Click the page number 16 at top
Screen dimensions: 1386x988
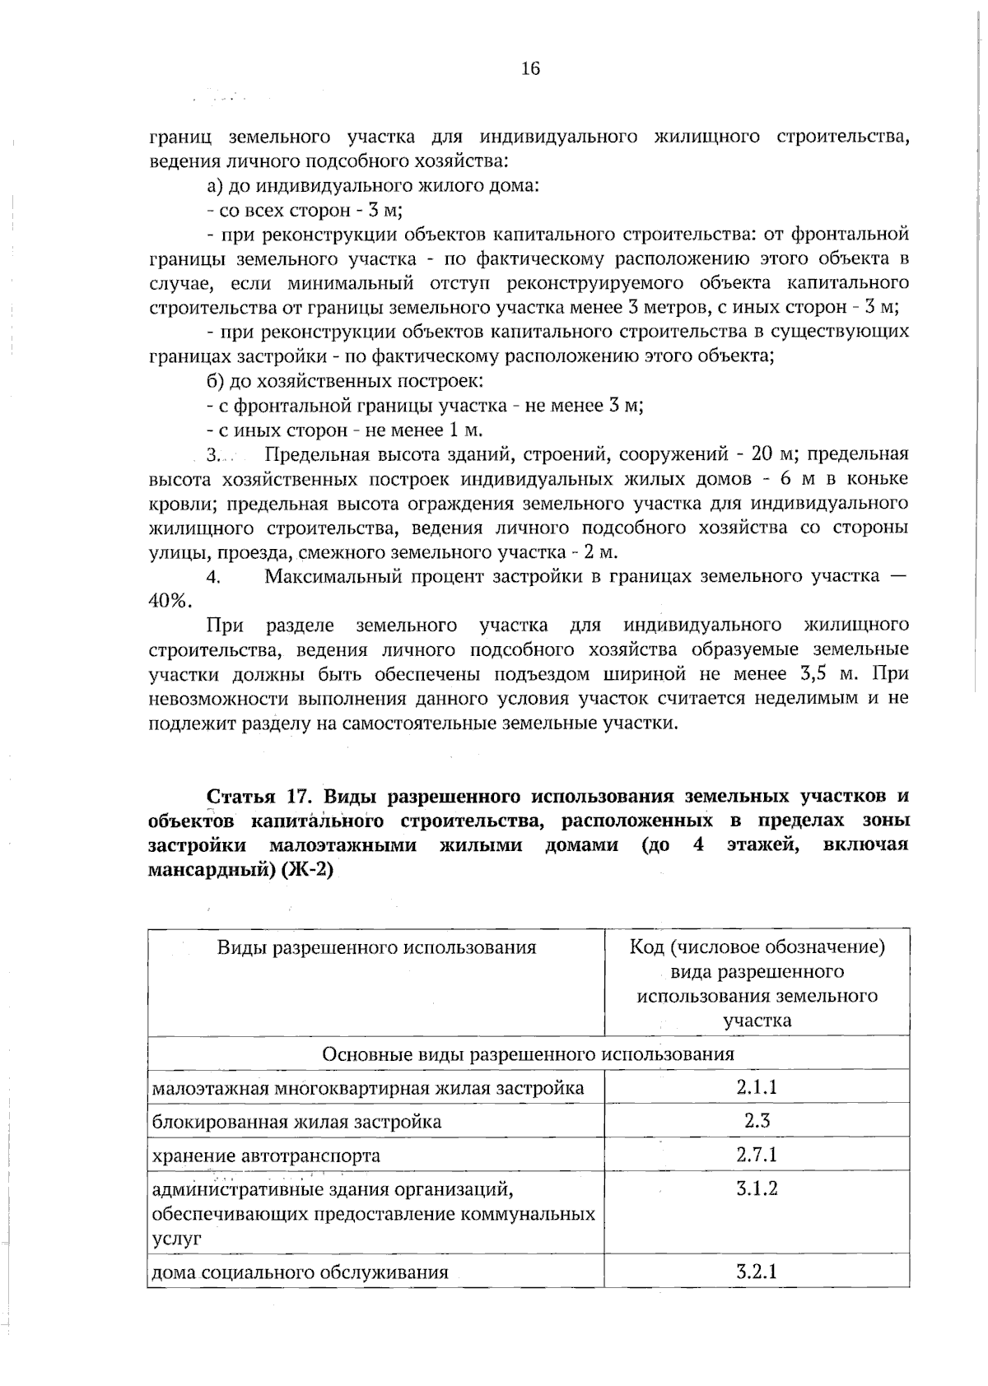[x=530, y=68]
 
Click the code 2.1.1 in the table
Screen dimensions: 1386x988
[x=757, y=1087]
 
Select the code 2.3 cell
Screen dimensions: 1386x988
[x=757, y=1121]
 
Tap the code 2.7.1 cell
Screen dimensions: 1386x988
[x=757, y=1155]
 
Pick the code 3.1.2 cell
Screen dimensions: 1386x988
[x=757, y=1188]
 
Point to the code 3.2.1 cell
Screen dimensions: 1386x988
[x=757, y=1272]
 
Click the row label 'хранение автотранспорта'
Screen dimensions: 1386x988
[x=267, y=1156]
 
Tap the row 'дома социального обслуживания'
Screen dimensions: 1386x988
[x=301, y=1272]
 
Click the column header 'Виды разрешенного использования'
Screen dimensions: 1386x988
[x=376, y=947]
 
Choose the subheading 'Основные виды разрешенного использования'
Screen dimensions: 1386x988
[x=528, y=1054]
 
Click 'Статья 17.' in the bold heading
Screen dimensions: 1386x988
[x=258, y=797]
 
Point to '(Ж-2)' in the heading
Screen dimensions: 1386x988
[x=307, y=871]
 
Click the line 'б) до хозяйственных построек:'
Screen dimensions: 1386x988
[x=344, y=381]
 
